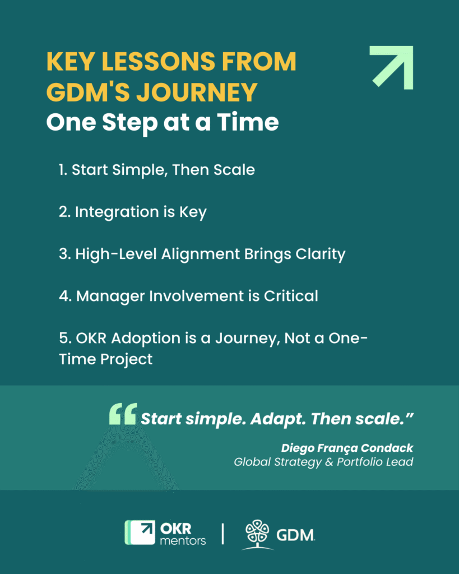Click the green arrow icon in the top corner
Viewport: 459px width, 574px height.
[x=392, y=67]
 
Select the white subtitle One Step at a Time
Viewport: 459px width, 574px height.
[x=162, y=122]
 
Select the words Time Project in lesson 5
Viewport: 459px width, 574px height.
[x=106, y=359]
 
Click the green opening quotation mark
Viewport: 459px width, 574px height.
[x=123, y=415]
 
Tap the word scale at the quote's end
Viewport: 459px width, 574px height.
[x=377, y=419]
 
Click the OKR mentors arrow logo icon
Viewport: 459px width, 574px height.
[x=140, y=533]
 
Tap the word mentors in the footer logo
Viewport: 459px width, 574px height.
[x=183, y=540]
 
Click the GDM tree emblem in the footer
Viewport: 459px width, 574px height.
[x=258, y=534]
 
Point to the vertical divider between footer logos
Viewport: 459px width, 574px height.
[x=223, y=533]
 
